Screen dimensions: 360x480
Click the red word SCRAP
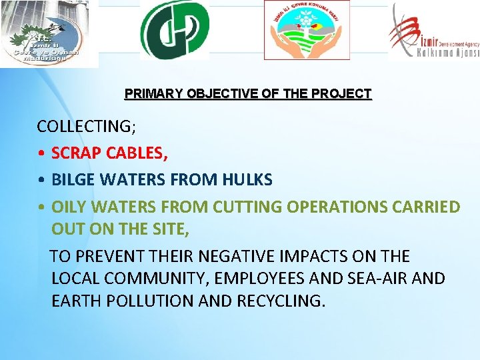tap(75, 153)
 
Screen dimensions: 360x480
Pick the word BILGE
tap(71, 180)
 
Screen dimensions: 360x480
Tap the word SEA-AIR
tap(375, 279)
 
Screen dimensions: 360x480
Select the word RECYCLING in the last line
tap(281, 301)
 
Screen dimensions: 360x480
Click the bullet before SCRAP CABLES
tap(41, 154)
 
